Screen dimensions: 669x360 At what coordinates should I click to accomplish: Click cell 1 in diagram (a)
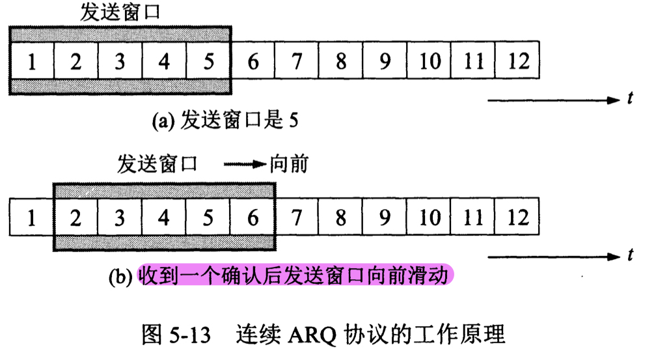31,61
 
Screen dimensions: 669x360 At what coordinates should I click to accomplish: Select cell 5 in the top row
208,61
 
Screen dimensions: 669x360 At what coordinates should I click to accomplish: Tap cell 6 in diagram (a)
253,61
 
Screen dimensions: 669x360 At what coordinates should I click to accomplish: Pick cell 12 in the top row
518,61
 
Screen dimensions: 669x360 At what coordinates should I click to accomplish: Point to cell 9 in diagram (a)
385,61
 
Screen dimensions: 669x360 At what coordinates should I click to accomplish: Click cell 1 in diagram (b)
31,217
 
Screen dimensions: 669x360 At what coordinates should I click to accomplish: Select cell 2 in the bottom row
75,217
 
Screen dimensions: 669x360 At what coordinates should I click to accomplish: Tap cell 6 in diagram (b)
253,217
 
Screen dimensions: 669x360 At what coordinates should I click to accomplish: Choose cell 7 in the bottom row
297,217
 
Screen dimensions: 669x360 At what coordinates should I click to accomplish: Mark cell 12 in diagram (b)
518,217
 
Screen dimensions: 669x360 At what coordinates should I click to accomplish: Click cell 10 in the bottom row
430,217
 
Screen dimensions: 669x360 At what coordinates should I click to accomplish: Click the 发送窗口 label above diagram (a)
120,12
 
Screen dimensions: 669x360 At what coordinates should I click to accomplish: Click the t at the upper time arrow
630,100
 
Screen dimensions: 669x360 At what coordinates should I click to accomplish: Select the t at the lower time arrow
630,256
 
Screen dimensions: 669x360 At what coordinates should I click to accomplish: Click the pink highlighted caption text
294,275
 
